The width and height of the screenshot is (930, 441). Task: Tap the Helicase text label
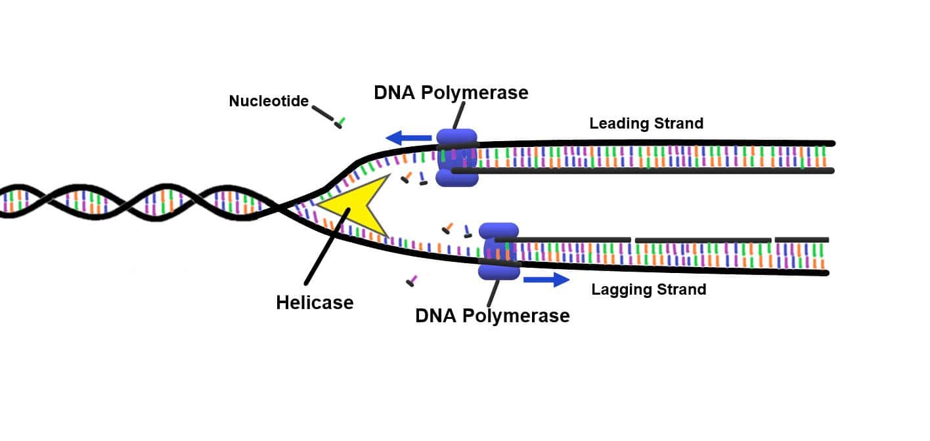pos(315,303)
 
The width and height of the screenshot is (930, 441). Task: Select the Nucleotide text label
pos(269,102)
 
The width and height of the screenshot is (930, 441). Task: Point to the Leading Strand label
pos(646,123)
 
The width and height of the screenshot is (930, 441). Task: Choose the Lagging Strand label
pos(649,289)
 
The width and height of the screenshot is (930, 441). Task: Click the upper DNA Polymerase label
pos(451,93)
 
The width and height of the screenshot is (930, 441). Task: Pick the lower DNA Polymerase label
pos(492,316)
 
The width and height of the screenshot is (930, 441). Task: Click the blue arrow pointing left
pos(408,138)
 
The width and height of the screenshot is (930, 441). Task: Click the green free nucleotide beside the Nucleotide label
pos(340,123)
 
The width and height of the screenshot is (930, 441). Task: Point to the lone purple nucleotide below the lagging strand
pos(411,282)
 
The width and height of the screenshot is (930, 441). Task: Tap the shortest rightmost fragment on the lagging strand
pos(801,240)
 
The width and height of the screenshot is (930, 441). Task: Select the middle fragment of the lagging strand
pos(703,240)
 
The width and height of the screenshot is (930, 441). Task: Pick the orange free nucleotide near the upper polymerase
pos(407,177)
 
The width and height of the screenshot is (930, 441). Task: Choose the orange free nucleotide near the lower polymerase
pos(447,228)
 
